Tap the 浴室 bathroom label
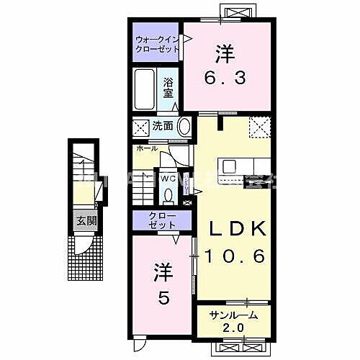click(x=168, y=86)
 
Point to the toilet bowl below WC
click(x=168, y=194)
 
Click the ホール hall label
click(x=146, y=148)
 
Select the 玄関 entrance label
click(x=86, y=221)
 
